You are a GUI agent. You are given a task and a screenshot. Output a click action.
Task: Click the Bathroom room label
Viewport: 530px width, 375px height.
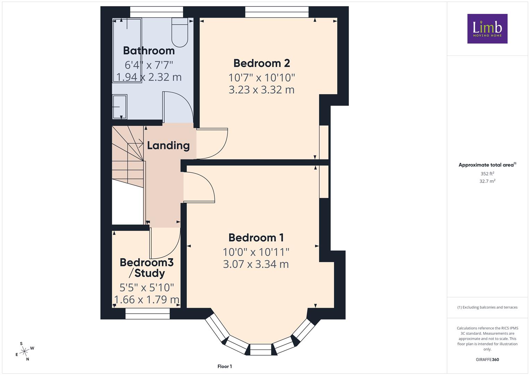pos(149,51)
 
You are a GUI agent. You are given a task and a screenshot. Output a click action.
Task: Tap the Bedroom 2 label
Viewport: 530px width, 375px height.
pos(262,63)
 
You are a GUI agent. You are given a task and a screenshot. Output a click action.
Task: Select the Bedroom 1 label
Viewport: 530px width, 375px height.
pos(256,238)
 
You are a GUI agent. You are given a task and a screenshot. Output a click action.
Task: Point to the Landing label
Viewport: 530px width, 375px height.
pos(168,145)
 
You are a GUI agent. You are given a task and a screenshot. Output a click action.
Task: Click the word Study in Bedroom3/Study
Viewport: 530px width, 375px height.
pos(150,273)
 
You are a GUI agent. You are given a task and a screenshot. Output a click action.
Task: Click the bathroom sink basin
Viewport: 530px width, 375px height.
pos(120,107)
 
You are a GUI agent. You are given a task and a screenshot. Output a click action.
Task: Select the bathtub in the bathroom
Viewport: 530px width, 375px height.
pos(127,50)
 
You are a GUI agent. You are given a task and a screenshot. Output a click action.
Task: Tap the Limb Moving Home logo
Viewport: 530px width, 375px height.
pos(487,28)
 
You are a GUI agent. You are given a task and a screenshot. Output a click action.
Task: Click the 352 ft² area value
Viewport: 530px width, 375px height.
pos(487,174)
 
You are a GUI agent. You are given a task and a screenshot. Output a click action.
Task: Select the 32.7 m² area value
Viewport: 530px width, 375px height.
pos(487,181)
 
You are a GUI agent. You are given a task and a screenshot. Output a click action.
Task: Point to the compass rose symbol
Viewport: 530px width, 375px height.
pos(24,351)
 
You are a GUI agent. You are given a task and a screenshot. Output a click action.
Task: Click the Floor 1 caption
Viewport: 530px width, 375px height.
pos(225,366)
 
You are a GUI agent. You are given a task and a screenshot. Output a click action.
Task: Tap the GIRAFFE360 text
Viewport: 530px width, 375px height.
pos(487,359)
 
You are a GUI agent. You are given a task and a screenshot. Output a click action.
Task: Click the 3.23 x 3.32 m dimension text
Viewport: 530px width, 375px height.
pos(262,90)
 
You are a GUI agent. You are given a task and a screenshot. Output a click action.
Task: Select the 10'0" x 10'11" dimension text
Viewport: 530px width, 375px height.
pos(256,252)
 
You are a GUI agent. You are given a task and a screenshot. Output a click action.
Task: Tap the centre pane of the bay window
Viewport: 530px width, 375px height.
pos(261,350)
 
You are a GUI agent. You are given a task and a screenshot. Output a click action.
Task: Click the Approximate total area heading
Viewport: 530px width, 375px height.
pos(487,165)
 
